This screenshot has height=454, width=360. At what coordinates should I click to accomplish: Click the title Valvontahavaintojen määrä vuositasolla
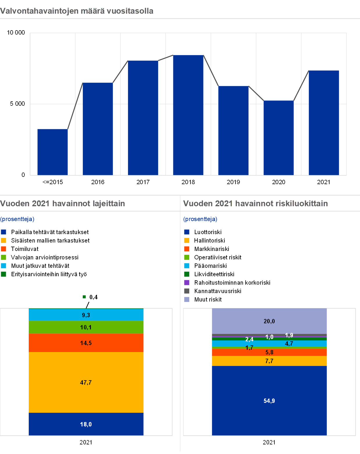[77, 11]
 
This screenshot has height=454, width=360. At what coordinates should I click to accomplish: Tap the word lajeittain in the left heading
[109, 203]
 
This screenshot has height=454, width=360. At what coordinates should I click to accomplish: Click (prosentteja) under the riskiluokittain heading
[200, 219]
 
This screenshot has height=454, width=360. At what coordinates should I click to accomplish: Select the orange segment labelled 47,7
[86, 382]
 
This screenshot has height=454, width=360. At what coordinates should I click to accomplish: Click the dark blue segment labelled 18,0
[86, 424]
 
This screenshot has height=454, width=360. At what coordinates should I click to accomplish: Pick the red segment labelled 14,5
[86, 343]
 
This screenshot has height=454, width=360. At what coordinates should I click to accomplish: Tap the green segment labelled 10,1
[86, 327]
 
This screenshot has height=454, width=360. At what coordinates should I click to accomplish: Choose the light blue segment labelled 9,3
[86, 315]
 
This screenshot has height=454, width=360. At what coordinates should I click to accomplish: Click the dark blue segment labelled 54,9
[269, 401]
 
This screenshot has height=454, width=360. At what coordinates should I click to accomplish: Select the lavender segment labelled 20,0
[269, 321]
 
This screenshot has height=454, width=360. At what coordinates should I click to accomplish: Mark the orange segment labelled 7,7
[269, 361]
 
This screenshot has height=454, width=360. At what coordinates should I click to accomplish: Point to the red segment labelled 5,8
[269, 352]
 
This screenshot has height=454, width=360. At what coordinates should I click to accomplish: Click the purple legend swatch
[187, 283]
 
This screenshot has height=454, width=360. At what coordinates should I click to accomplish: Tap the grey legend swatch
[187, 291]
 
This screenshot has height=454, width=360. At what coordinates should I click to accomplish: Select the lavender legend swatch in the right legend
[187, 299]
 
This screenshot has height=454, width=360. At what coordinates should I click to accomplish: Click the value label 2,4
[249, 339]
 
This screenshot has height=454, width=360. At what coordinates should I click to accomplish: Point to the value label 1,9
[289, 335]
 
